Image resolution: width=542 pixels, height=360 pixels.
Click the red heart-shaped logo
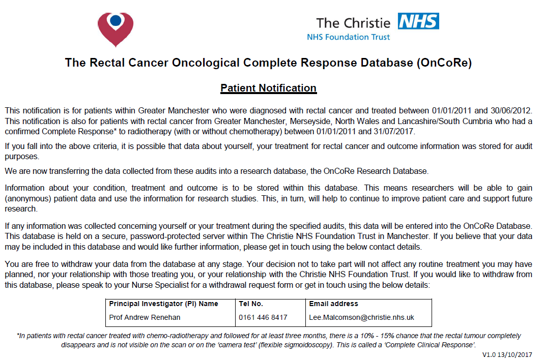(116, 28)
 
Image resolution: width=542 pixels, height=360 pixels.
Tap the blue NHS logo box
(418, 21)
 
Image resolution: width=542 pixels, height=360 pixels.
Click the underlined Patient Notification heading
(268, 88)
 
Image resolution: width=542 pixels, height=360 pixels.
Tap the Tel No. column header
(251, 304)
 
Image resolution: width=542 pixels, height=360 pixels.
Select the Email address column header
(334, 304)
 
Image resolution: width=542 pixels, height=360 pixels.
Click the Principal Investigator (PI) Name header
(164, 304)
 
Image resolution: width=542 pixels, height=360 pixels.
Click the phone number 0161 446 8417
(263, 317)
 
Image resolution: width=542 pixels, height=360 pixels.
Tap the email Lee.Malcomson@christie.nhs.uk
(362, 317)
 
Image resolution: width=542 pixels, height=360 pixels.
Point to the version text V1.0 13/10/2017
(508, 354)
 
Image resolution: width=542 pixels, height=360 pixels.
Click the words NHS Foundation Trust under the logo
(349, 37)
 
